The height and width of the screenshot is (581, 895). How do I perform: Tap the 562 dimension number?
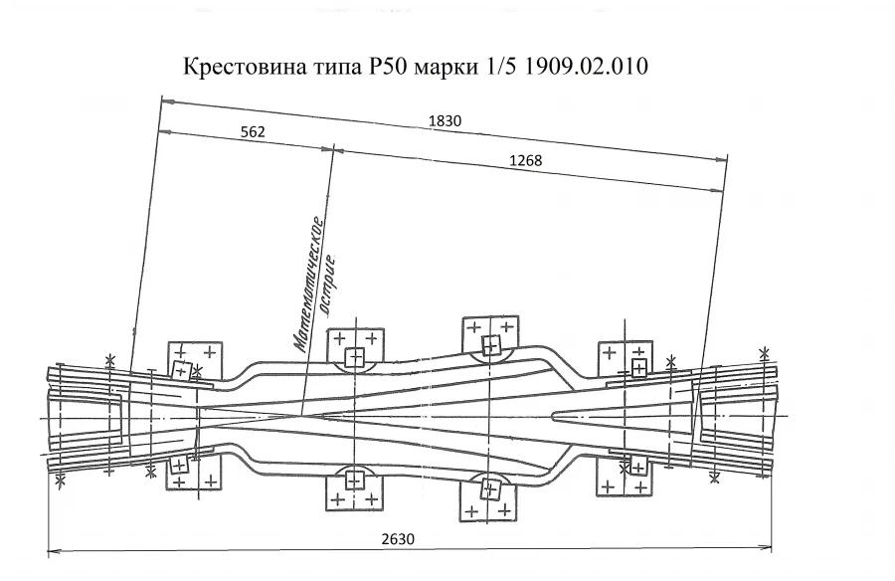253,132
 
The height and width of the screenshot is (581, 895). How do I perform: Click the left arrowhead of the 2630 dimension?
52,548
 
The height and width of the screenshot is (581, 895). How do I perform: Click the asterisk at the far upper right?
764,353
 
